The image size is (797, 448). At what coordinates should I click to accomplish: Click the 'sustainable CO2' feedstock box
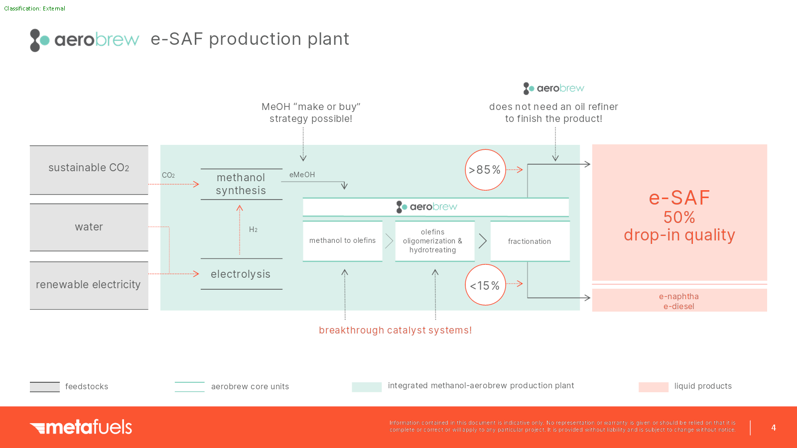(x=89, y=169)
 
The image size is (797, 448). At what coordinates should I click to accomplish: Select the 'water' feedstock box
(x=89, y=227)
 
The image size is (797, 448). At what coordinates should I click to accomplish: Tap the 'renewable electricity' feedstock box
(x=89, y=285)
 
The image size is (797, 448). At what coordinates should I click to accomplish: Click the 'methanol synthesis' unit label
(x=241, y=184)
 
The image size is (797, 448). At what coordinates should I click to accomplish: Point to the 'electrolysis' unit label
(x=241, y=274)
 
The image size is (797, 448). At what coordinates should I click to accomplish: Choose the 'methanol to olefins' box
(x=342, y=241)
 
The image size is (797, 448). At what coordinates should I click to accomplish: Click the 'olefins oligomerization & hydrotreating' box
(x=433, y=241)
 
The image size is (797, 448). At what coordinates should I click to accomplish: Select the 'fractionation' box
(x=530, y=241)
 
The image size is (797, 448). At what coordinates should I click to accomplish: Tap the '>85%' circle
(x=485, y=170)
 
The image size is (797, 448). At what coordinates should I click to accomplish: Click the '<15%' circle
(x=485, y=285)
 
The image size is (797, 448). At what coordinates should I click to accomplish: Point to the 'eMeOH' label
(x=302, y=175)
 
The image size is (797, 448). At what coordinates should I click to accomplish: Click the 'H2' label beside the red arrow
(x=253, y=229)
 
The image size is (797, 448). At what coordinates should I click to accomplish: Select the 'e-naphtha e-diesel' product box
(x=679, y=301)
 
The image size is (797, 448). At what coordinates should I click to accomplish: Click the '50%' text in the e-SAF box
(x=679, y=218)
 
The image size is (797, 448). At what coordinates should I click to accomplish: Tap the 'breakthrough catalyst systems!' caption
(x=395, y=330)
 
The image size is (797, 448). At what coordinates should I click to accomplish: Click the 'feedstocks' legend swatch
(x=45, y=387)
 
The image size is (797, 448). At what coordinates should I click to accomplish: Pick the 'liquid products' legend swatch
(x=653, y=387)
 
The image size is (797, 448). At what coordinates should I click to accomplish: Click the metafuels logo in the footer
(x=81, y=427)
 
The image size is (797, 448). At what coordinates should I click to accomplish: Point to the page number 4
(x=774, y=428)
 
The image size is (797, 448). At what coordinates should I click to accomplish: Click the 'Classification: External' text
(x=35, y=8)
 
